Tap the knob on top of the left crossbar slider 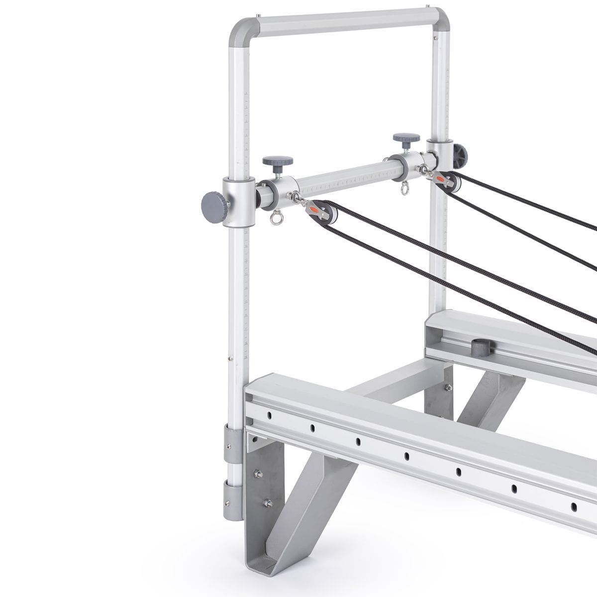278,162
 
